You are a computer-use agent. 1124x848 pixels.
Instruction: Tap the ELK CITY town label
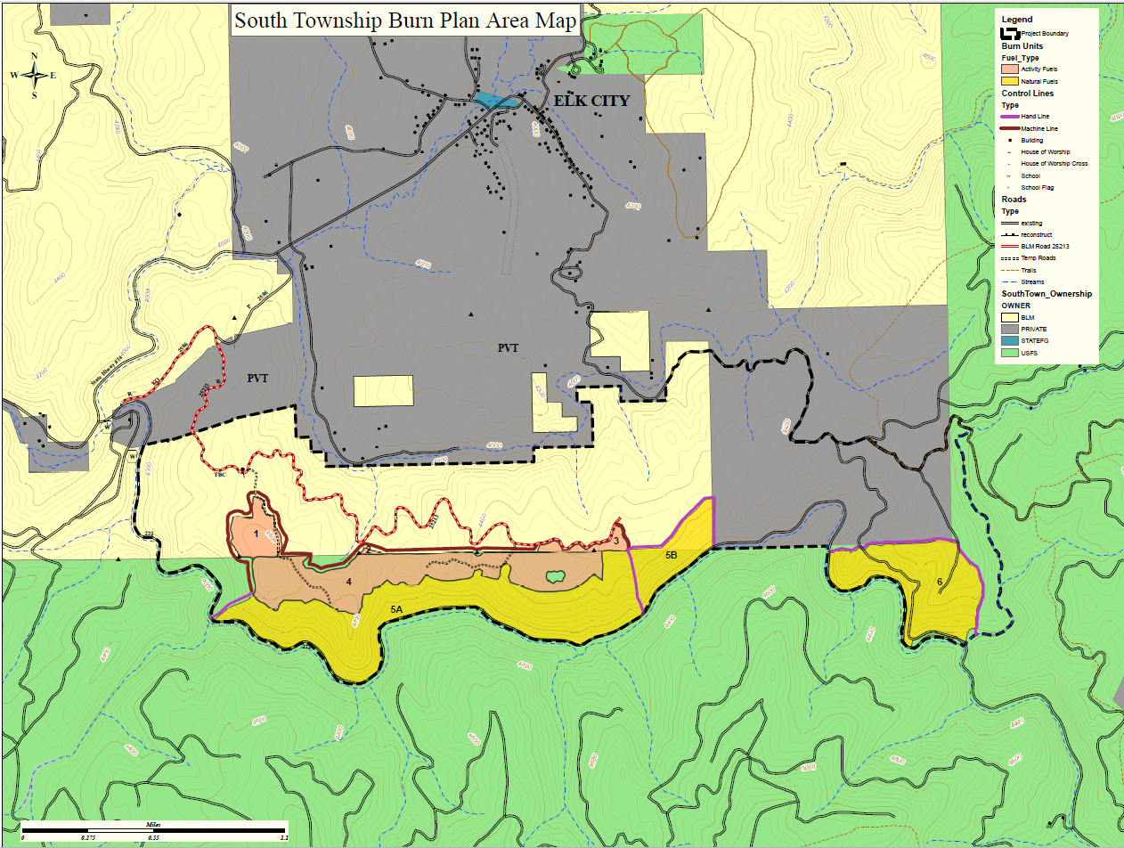pyautogui.click(x=591, y=101)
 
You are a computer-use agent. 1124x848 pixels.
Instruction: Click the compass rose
pyautogui.click(x=34, y=76)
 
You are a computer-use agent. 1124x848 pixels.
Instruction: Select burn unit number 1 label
pyautogui.click(x=256, y=534)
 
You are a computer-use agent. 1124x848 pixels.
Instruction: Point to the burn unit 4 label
pyautogui.click(x=349, y=583)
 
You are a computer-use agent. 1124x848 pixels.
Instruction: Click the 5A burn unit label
pyautogui.click(x=398, y=608)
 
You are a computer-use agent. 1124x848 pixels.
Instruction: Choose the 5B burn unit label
pyautogui.click(x=672, y=555)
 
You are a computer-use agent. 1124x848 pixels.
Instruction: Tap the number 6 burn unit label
pyautogui.click(x=939, y=583)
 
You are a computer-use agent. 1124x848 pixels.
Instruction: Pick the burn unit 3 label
pyautogui.click(x=615, y=540)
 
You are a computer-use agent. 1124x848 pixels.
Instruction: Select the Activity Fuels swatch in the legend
pyautogui.click(x=1009, y=69)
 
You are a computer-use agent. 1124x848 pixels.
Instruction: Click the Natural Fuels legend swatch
pyautogui.click(x=1009, y=81)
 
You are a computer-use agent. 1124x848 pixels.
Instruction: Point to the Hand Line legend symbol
pyautogui.click(x=1009, y=116)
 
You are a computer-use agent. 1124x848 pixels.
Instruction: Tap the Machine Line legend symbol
pyautogui.click(x=1009, y=128)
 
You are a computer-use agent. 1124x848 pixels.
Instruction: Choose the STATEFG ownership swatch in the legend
pyautogui.click(x=1009, y=341)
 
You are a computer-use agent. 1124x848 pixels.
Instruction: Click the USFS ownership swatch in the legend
pyautogui.click(x=1009, y=353)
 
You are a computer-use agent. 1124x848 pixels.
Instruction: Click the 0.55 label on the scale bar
pyautogui.click(x=153, y=838)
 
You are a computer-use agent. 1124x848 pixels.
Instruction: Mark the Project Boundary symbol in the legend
pyautogui.click(x=1009, y=33)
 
